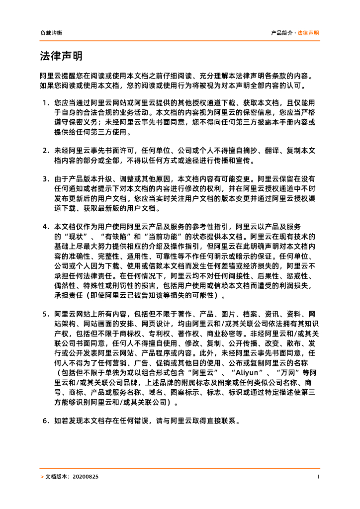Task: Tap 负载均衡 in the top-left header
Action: [x=51, y=33]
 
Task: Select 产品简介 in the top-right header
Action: [x=282, y=33]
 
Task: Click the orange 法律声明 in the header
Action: [x=308, y=33]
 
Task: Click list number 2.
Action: [x=45, y=150]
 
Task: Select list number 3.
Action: [x=45, y=178]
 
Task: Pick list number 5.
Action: [x=45, y=314]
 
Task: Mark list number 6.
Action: [x=45, y=420]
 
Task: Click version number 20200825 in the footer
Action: [x=86, y=477]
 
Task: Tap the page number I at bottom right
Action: [x=318, y=477]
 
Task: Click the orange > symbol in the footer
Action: [x=41, y=477]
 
